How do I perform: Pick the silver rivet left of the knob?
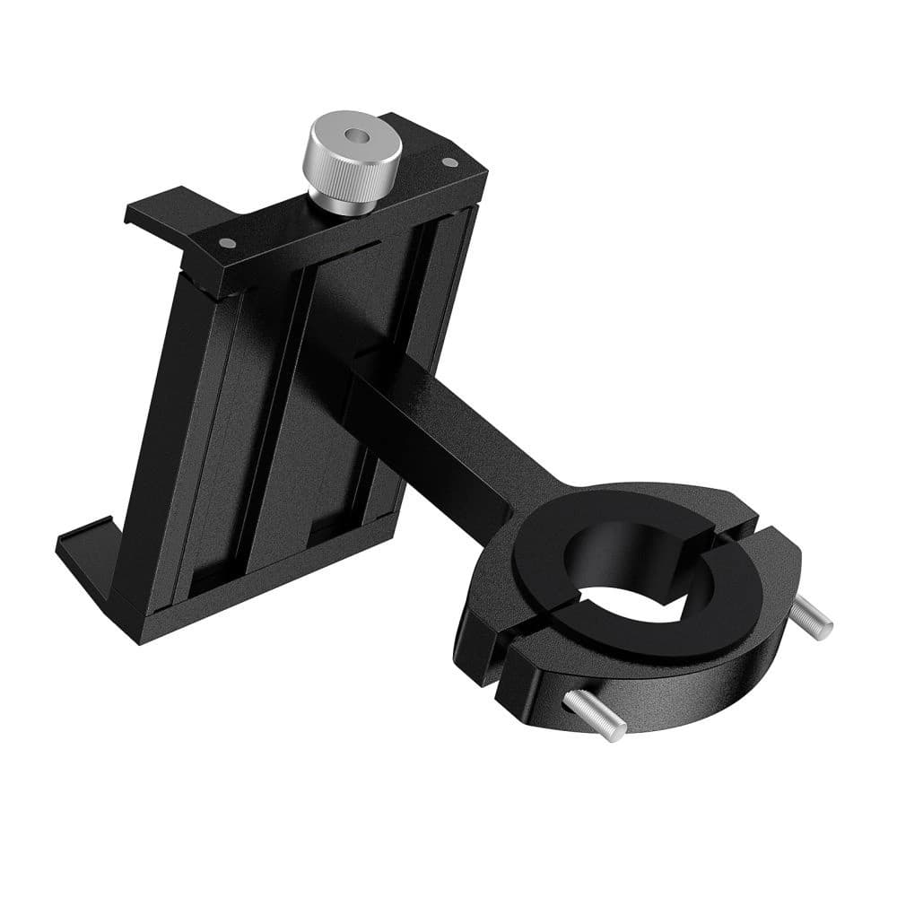(231, 242)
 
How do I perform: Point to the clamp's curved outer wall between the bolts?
(682, 700)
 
